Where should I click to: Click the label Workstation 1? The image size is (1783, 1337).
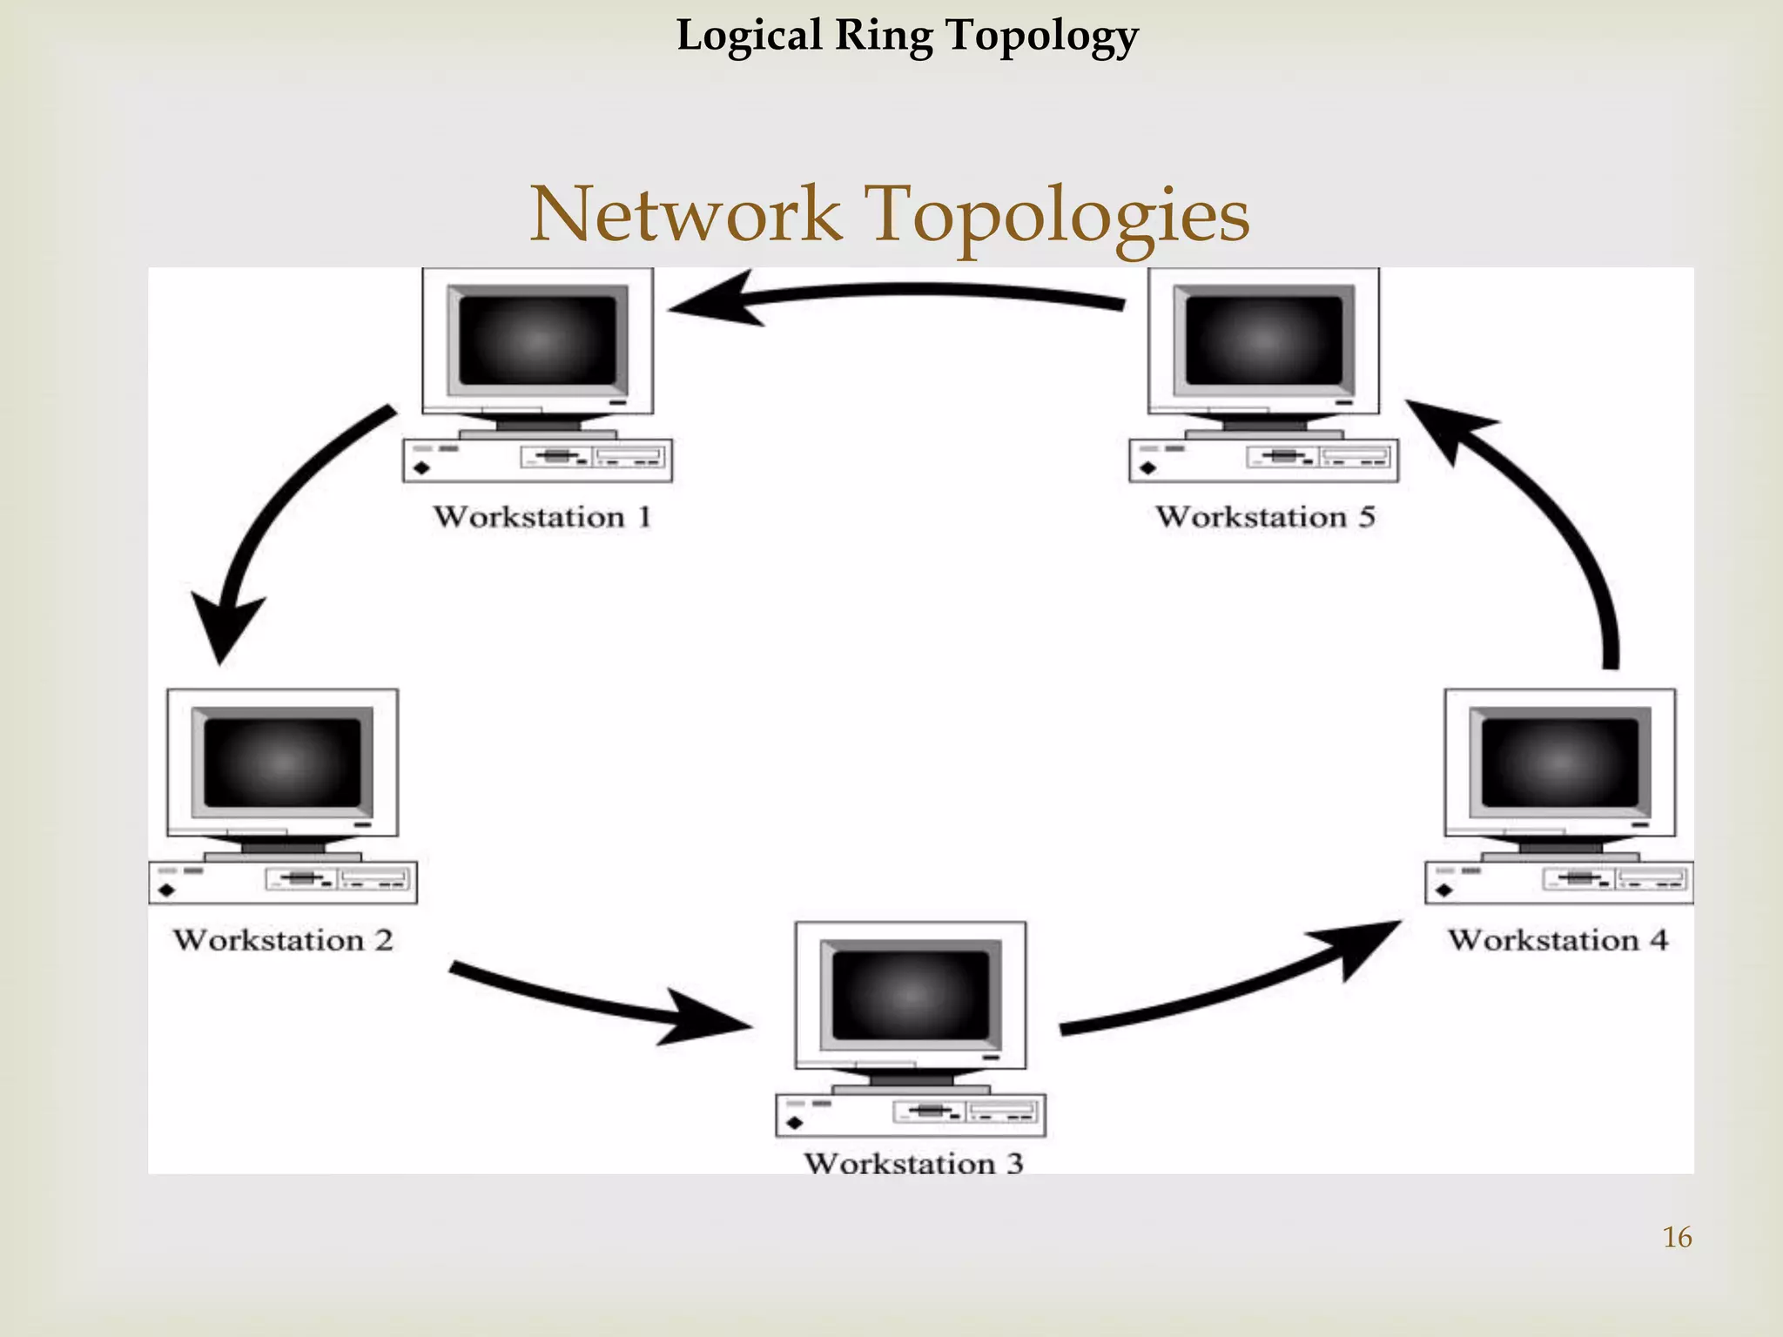click(542, 517)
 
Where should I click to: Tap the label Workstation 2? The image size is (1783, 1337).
click(282, 940)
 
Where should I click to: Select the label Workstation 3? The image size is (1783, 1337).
click(912, 1164)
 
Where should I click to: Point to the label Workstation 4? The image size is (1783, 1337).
click(1558, 940)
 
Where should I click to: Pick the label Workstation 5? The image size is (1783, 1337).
click(1265, 517)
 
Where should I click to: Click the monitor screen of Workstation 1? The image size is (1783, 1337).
click(537, 340)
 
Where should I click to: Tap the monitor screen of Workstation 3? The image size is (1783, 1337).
click(911, 995)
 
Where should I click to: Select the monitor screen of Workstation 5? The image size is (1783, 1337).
click(1263, 340)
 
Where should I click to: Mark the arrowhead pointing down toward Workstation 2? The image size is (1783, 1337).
click(225, 627)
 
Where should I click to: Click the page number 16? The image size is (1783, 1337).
click(1677, 1237)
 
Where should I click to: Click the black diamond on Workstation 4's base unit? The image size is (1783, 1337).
click(1444, 890)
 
